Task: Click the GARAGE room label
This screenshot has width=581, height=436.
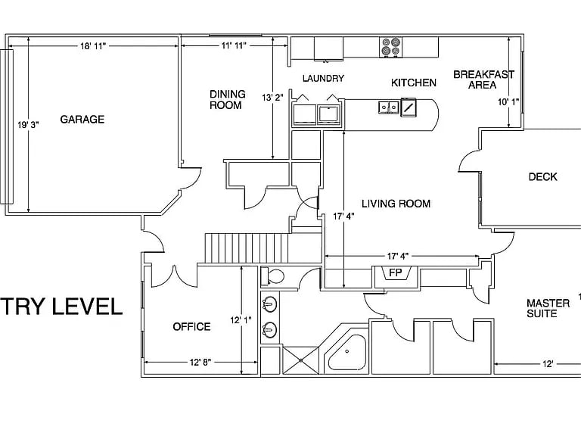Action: point(82,120)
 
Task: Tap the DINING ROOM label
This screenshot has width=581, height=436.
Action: point(228,99)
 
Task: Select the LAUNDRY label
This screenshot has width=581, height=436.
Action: point(323,78)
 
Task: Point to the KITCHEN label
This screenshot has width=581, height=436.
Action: point(414,83)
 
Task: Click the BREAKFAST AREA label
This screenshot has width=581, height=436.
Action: point(483,79)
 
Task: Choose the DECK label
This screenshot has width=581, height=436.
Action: point(543,177)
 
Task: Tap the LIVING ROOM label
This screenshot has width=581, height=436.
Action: point(396,204)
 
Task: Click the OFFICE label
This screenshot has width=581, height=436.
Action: point(191,327)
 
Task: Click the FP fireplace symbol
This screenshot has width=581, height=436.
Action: point(396,273)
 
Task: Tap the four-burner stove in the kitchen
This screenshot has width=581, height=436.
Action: point(390,47)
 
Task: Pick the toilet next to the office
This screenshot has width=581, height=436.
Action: point(272,276)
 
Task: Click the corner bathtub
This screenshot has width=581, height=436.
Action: point(346,353)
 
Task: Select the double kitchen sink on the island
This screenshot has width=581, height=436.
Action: point(389,107)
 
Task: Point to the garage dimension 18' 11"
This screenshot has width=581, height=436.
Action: point(93,46)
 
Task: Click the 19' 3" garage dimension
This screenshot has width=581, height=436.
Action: point(28,125)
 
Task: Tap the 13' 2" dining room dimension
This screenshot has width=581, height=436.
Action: point(272,98)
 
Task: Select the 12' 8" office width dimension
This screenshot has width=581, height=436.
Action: point(200,363)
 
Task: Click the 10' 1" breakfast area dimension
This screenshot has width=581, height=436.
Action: point(508,101)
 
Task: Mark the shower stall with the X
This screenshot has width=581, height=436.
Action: point(300,360)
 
